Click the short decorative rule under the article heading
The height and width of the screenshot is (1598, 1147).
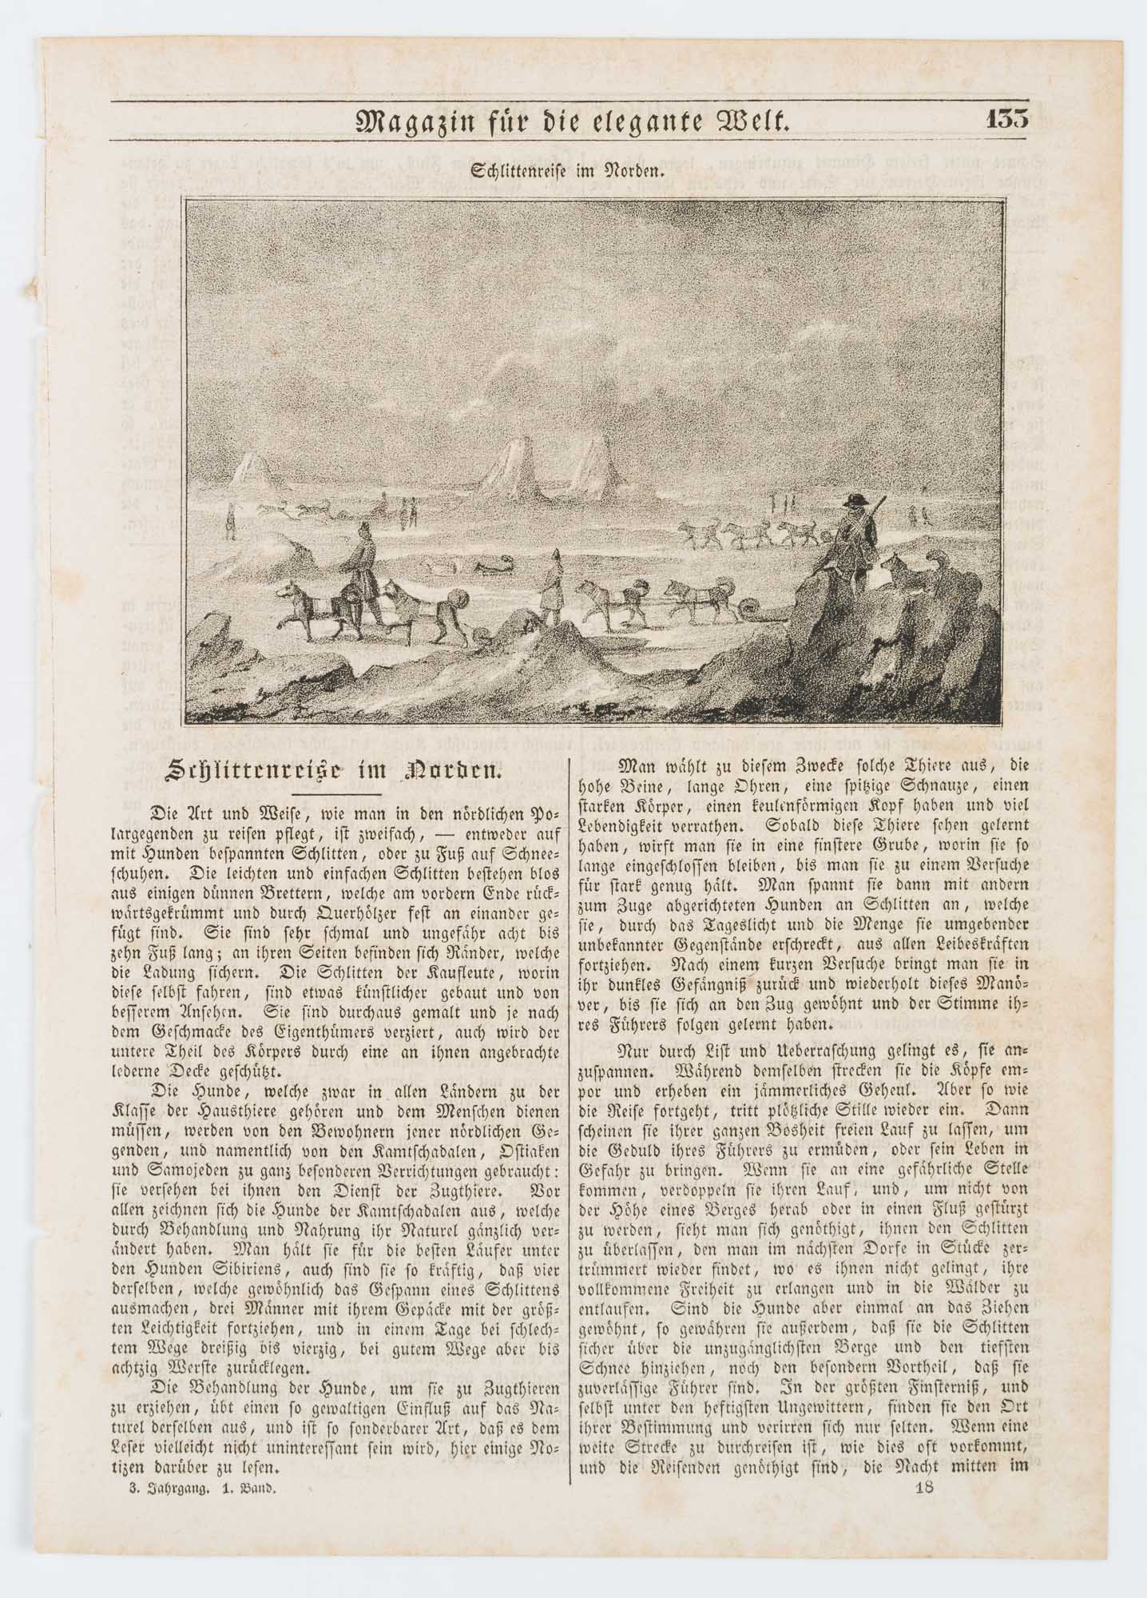click(329, 793)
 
